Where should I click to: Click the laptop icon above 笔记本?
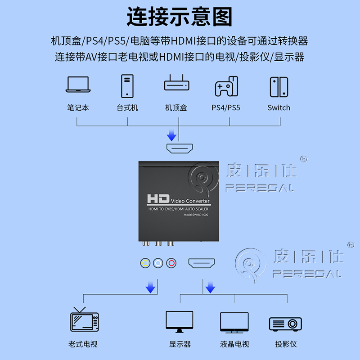point(77,85)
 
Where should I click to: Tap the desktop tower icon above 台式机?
point(127,86)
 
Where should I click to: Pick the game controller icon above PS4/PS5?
point(226,86)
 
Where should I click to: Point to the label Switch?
point(279,108)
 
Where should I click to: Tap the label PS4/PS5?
point(226,108)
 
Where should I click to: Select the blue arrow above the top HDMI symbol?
point(171,135)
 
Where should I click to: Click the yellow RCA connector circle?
point(145,263)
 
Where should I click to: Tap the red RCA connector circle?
point(170,263)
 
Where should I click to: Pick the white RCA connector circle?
point(157,263)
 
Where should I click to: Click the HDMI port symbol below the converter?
point(202,263)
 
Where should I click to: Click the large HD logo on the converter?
point(157,198)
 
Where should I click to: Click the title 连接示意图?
point(180,17)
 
